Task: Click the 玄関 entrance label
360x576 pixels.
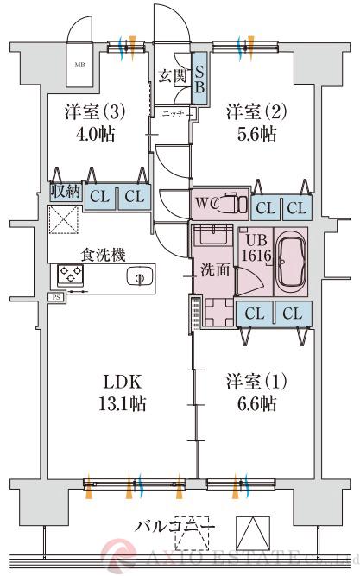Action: point(173,75)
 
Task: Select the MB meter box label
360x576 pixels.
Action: point(79,65)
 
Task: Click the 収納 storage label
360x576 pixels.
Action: point(64,192)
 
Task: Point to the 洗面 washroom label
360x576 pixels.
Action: point(216,269)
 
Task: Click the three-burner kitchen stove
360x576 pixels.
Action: point(70,275)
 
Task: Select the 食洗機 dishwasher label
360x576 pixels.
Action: point(104,254)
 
